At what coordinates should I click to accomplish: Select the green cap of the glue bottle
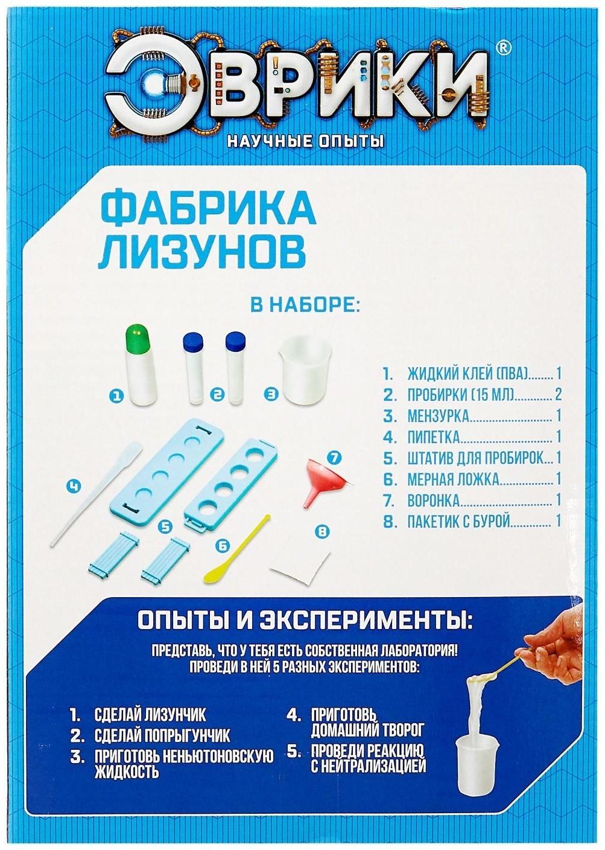(138, 340)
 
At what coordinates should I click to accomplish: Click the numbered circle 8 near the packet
(323, 531)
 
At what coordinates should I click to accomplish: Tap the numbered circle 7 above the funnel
(334, 457)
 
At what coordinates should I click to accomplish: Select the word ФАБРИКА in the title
(207, 208)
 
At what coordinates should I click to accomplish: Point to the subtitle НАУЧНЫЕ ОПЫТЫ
(305, 142)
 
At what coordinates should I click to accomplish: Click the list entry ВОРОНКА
(433, 500)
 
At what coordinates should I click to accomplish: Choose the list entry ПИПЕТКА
(433, 436)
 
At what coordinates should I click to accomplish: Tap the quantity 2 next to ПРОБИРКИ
(558, 395)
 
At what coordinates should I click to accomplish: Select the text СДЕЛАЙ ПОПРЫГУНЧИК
(162, 736)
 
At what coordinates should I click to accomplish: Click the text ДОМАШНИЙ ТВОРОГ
(367, 730)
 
